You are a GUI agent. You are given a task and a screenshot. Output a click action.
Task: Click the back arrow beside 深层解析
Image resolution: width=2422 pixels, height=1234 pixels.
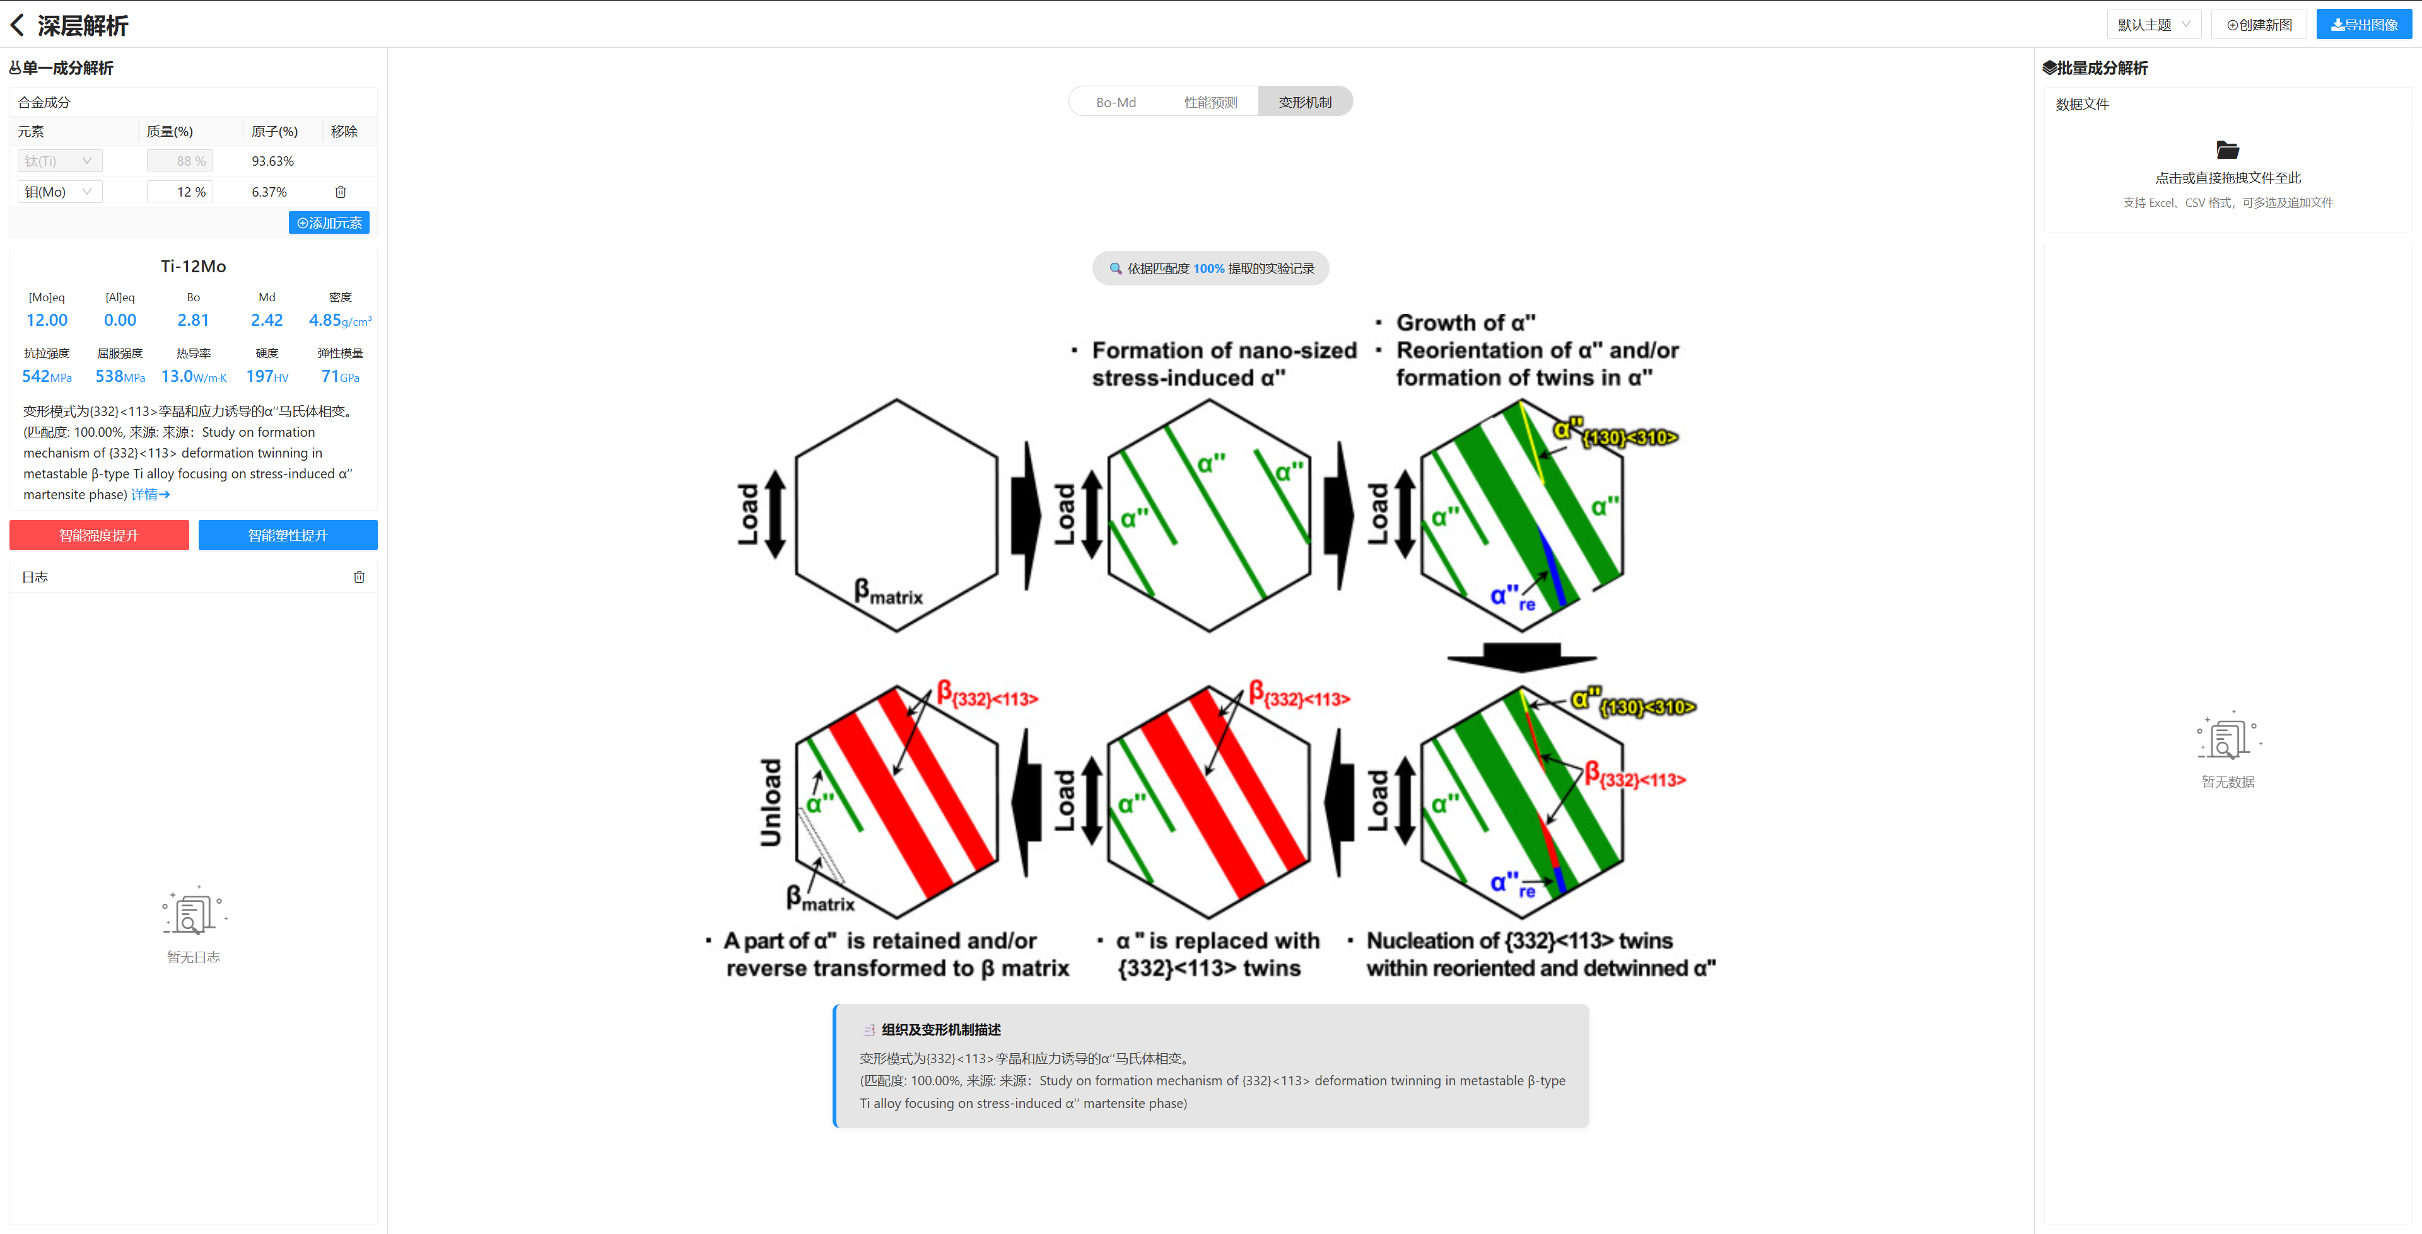pos(17,25)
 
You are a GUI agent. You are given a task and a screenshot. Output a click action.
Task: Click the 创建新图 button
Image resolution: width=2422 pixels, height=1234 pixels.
pos(2259,25)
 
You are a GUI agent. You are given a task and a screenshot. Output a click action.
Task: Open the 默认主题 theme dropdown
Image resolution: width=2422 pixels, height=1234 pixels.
pos(2153,25)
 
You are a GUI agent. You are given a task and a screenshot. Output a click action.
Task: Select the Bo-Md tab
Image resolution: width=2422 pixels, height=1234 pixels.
pos(1116,101)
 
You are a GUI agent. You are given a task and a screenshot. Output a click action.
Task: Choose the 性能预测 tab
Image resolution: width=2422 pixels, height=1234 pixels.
pos(1210,101)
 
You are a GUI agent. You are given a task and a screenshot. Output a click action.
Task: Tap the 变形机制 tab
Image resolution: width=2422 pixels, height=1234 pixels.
pos(1305,101)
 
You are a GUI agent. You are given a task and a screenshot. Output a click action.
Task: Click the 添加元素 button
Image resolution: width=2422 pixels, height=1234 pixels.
pos(329,222)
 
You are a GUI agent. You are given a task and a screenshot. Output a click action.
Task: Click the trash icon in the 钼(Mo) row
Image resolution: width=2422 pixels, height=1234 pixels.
pos(341,192)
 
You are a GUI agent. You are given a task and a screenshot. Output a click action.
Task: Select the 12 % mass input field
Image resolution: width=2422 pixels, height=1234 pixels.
pos(180,192)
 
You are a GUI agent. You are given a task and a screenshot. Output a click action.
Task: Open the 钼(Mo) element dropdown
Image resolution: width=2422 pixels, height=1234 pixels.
pos(59,192)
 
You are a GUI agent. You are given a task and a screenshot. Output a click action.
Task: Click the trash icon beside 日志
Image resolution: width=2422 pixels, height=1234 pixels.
pos(359,577)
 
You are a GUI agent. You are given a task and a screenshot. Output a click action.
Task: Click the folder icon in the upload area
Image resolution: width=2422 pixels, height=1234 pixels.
pos(2227,149)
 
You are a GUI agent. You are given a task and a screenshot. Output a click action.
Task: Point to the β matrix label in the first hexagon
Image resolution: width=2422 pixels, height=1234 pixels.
pos(887,591)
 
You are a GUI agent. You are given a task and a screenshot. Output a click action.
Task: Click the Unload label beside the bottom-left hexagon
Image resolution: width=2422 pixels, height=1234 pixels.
pos(771,802)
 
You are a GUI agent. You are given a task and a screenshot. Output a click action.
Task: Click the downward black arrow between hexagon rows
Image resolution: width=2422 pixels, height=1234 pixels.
pos(1521,657)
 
